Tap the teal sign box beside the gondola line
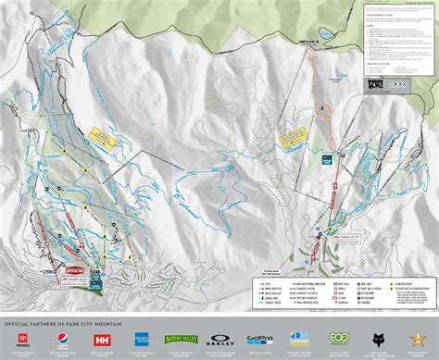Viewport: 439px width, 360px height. coord(326,159)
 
